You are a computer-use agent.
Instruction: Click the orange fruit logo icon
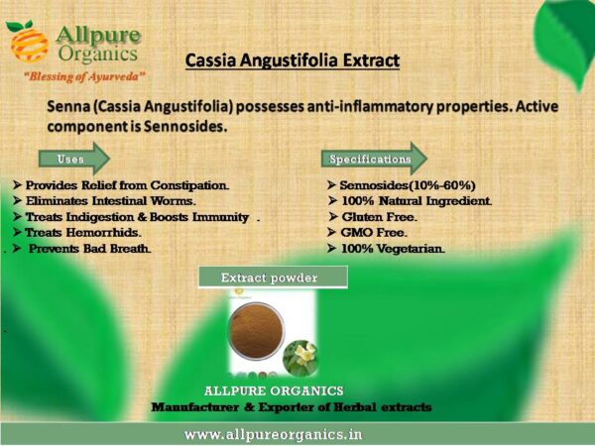pos(27,42)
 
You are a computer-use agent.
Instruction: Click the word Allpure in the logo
pos(98,37)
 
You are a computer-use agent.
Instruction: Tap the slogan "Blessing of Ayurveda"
pos(84,76)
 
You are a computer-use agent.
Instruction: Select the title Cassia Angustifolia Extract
pos(293,60)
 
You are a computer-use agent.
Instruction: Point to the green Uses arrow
pos(74,159)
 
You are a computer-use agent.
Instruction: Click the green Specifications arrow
pos(374,159)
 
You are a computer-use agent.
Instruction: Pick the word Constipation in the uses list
pos(189,186)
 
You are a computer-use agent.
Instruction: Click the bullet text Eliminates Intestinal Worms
pos(110,200)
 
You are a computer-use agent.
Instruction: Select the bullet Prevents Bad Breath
pos(89,249)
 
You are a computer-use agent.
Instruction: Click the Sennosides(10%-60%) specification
pos(408,185)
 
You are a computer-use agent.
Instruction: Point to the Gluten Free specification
pos(379,217)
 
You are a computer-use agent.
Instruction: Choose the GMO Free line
pos(374,233)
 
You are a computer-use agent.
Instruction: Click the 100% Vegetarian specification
pos(393,249)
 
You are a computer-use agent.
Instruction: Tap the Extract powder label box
pos(273,278)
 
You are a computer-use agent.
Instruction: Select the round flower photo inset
pos(300,358)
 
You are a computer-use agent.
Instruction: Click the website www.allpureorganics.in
pos(274,434)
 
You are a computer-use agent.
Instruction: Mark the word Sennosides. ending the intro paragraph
pos(185,126)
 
